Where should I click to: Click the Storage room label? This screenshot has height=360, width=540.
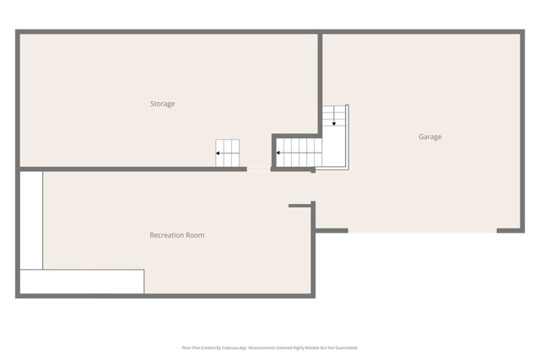click(163, 104)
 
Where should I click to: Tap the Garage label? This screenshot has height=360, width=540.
click(429, 137)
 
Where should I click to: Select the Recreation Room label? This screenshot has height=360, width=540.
click(177, 235)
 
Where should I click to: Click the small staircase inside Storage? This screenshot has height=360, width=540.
click(227, 153)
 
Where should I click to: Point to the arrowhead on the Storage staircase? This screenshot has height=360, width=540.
click(218, 153)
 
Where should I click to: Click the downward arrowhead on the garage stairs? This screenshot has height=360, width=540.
click(334, 123)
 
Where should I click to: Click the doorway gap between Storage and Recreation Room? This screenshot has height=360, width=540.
click(258, 169)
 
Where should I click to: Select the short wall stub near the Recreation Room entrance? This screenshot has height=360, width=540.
click(300, 205)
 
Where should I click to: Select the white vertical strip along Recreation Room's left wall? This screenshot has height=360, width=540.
click(31, 220)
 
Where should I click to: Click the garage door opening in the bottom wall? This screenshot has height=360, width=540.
click(422, 230)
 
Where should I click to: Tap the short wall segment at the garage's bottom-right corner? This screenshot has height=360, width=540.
click(510, 230)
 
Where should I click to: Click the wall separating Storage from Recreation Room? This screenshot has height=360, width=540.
click(127, 169)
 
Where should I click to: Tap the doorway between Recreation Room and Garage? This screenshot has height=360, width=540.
click(315, 187)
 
